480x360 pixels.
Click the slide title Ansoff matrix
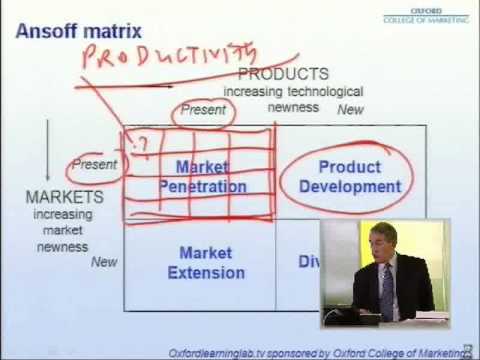(79, 32)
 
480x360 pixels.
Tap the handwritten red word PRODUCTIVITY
(170, 55)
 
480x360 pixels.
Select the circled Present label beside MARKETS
(95, 164)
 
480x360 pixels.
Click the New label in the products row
(350, 110)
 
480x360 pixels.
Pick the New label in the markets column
(104, 262)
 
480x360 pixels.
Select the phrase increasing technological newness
(292, 99)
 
